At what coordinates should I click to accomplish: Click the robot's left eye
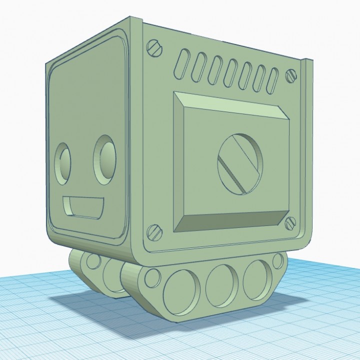63,162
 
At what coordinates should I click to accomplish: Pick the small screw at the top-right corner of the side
290,75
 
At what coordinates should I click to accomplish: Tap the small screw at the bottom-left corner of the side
154,231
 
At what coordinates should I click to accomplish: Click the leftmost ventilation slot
183,64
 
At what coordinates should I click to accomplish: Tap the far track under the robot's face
95,272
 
